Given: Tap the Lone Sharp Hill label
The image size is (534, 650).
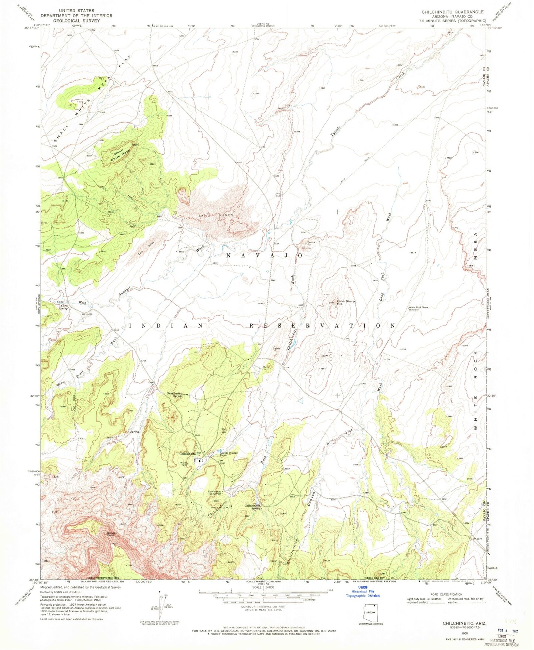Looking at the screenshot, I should point(346,302).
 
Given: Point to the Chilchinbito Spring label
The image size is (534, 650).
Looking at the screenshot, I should point(253,507).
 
